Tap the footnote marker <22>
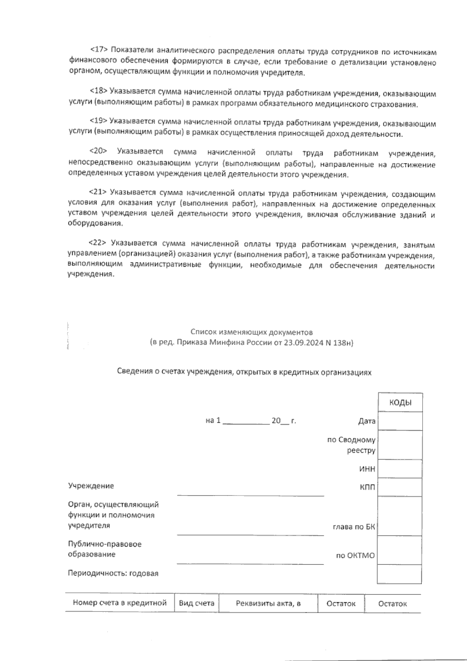98,243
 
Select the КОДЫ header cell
400,403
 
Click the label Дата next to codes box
367,421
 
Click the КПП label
367,487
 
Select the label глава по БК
354,527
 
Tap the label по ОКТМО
355,556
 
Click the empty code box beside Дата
400,421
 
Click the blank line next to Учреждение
250,491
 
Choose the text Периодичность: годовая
113,573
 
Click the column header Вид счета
197,603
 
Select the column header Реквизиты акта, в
268,603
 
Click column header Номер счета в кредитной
120,603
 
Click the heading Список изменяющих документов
251,332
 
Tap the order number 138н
342,343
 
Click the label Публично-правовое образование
105,549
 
